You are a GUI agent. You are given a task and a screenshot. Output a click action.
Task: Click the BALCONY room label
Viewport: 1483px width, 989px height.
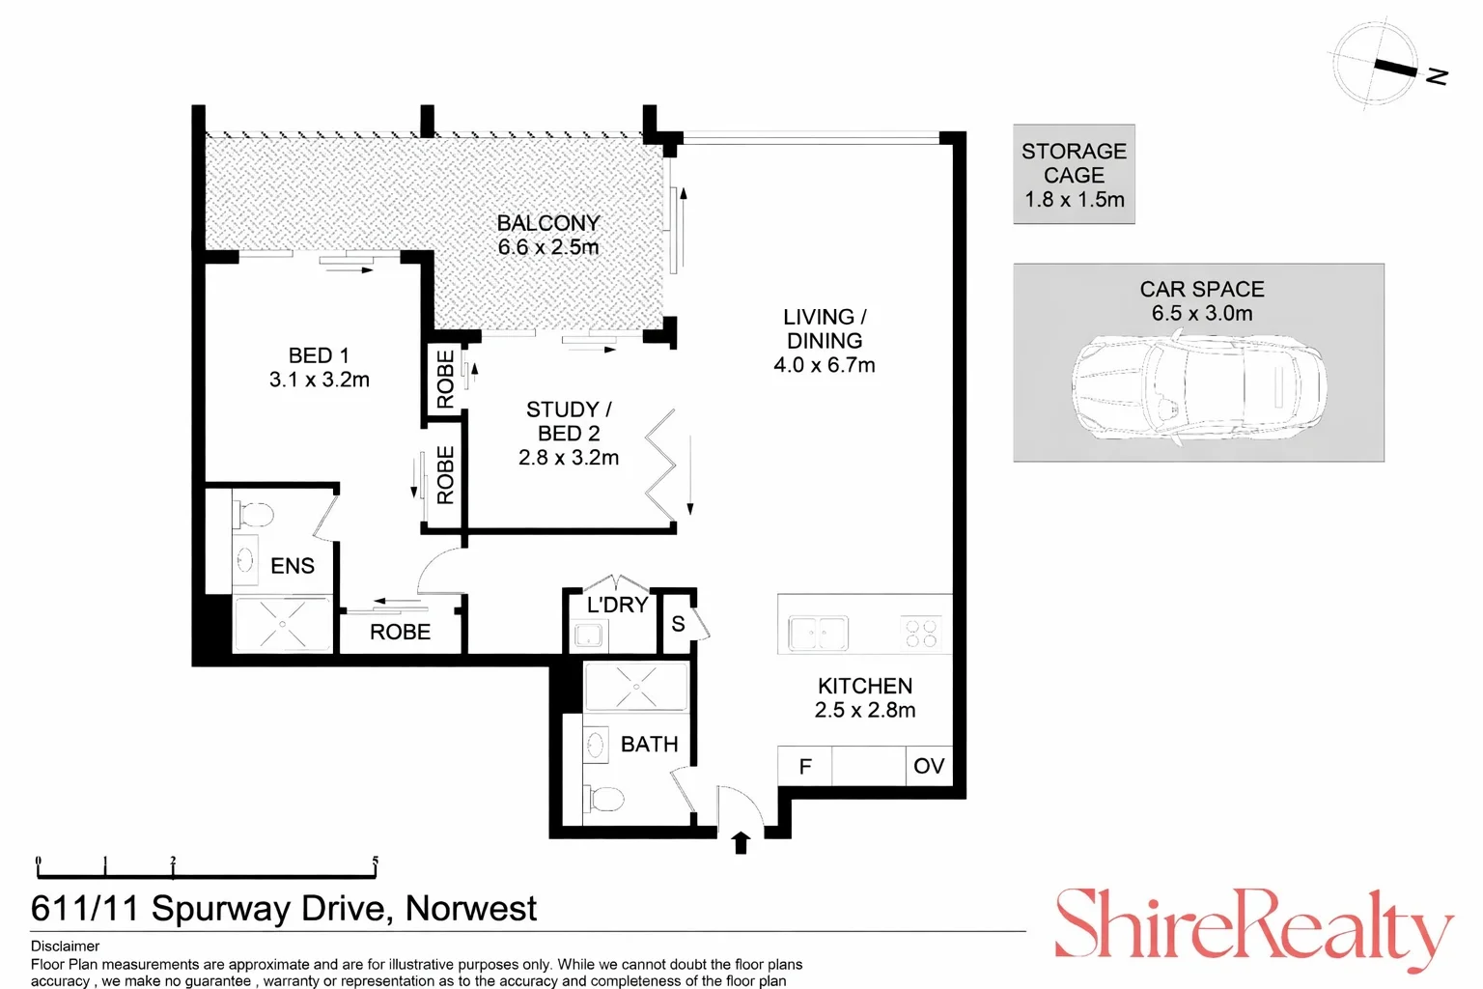point(548,223)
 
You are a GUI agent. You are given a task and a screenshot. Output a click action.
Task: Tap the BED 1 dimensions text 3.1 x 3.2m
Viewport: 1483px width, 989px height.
point(319,381)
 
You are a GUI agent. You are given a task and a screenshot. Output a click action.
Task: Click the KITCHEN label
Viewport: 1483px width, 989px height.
point(864,686)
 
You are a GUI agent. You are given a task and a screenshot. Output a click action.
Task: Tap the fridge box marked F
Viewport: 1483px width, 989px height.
point(804,766)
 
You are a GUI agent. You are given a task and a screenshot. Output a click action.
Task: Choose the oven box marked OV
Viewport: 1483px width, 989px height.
point(928,766)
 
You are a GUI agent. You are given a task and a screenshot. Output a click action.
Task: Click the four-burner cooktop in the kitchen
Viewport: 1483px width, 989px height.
point(921,634)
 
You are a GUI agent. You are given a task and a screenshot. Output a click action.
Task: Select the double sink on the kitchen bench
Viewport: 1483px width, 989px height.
point(818,634)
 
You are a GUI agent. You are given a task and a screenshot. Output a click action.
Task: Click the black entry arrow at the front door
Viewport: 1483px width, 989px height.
point(741,842)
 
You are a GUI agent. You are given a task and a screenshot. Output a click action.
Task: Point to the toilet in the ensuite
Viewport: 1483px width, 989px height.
point(254,514)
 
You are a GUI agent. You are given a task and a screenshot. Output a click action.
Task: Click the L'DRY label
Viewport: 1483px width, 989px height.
point(617,606)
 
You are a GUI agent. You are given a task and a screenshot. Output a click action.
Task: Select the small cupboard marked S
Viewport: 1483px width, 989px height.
point(678,624)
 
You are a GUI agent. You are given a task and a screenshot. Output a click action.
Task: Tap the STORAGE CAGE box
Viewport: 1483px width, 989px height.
point(1074,175)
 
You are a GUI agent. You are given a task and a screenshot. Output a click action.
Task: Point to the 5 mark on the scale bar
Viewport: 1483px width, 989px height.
point(375,862)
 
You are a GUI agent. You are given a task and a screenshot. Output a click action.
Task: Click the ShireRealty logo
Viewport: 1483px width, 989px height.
point(1252,927)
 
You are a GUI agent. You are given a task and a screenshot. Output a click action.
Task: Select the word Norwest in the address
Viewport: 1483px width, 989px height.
point(470,909)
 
